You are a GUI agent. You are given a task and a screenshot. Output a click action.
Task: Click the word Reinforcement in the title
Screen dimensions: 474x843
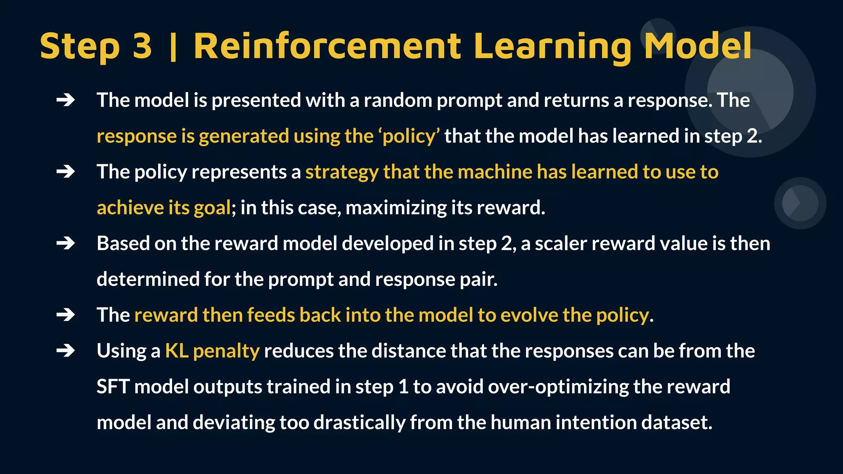pyautogui.click(x=327, y=46)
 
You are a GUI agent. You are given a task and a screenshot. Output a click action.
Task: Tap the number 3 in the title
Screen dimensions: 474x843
pyautogui.click(x=142, y=46)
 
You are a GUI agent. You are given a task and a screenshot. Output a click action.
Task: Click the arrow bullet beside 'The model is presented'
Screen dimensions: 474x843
pyautogui.click(x=65, y=100)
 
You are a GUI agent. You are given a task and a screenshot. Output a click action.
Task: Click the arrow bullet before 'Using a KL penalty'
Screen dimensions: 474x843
pyautogui.click(x=65, y=351)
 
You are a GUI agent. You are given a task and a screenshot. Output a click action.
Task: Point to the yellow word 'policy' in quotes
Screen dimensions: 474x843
pyautogui.click(x=409, y=136)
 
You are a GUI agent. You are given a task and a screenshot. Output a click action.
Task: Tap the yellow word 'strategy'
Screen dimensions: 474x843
pyautogui.click(x=342, y=172)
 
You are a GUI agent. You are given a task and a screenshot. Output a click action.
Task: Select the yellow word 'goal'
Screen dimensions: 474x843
pyautogui.click(x=212, y=208)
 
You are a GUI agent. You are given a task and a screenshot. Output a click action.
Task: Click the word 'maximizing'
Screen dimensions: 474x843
pyautogui.click(x=396, y=207)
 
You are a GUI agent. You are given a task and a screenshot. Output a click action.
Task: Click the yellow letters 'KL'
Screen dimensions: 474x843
pyautogui.click(x=177, y=351)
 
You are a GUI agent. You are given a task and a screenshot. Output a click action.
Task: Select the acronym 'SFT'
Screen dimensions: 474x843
pyautogui.click(x=113, y=387)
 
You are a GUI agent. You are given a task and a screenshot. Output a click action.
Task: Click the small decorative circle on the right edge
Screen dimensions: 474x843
pyautogui.click(x=800, y=203)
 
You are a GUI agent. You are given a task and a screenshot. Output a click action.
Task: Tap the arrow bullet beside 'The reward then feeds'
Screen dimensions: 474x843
pyautogui.click(x=65, y=315)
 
